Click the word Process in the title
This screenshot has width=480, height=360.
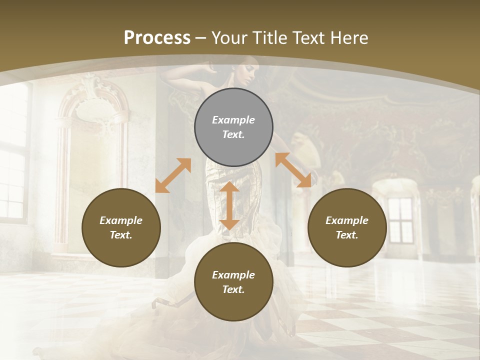click(x=157, y=38)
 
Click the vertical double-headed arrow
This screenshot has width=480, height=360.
click(x=229, y=205)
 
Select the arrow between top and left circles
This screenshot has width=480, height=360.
click(x=173, y=175)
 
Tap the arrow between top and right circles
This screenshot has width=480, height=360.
click(x=293, y=170)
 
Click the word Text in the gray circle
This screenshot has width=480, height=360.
click(x=233, y=134)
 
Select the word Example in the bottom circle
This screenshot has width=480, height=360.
click(x=233, y=275)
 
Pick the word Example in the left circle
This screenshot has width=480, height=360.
click(x=121, y=220)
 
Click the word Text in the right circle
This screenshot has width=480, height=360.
click(x=347, y=235)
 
